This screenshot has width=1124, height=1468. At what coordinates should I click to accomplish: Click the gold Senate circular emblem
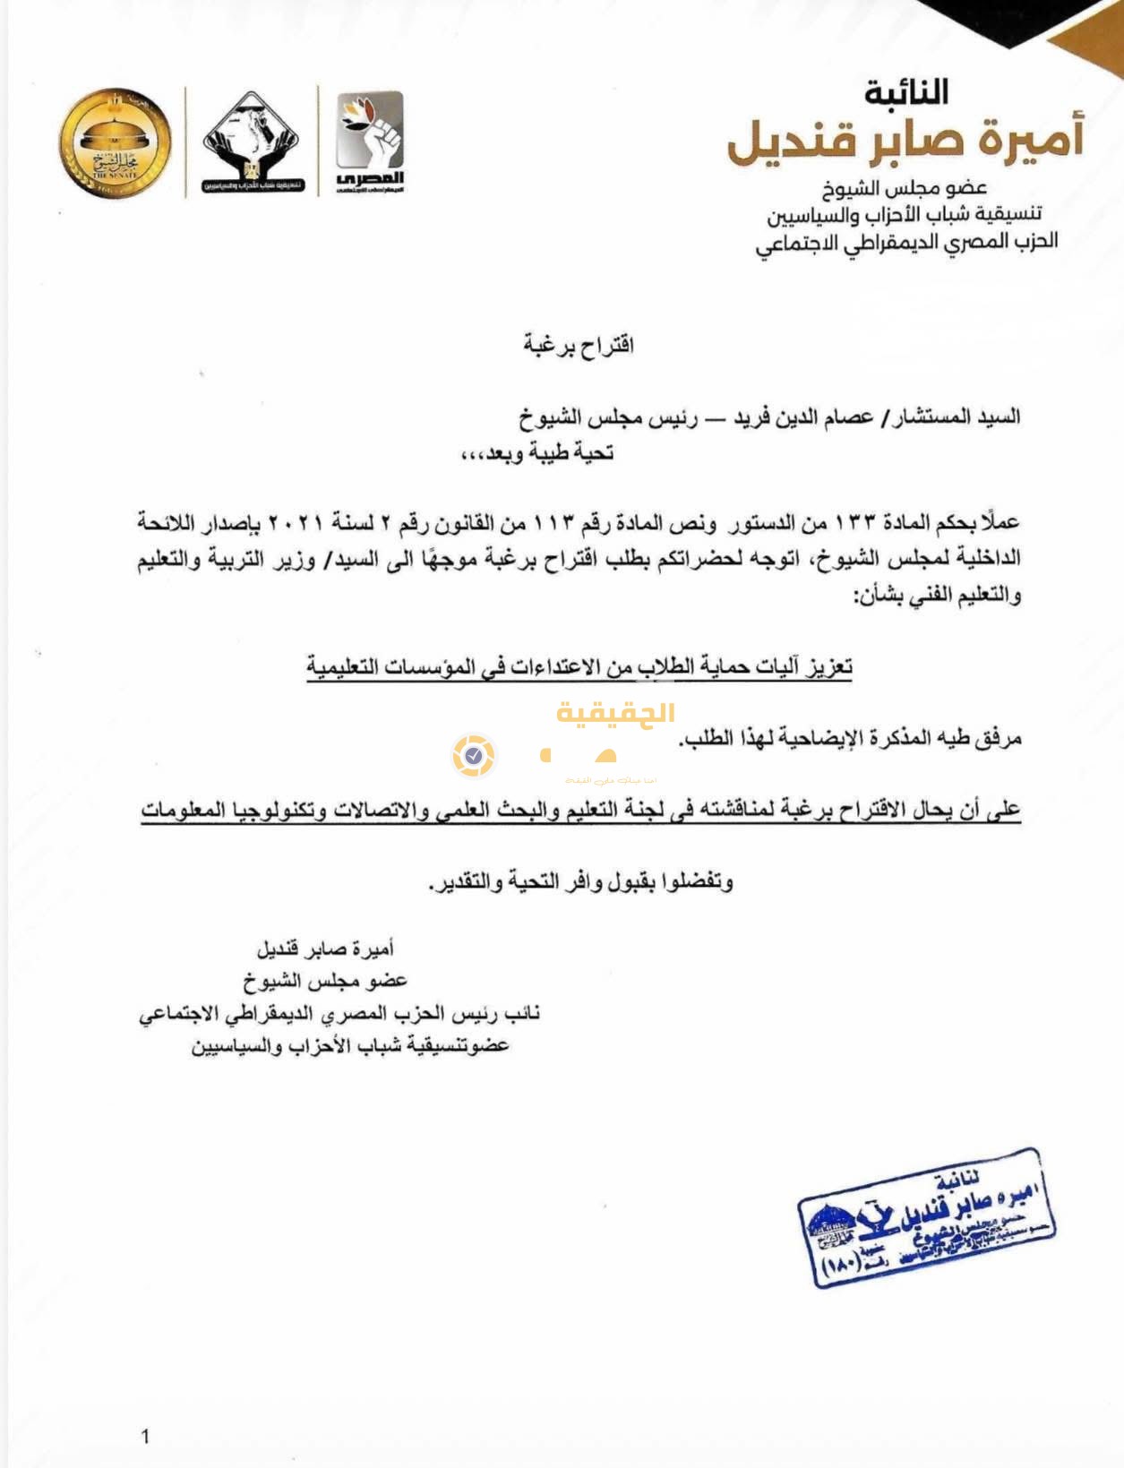[116, 142]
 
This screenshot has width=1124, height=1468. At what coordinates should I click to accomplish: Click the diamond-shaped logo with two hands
[251, 142]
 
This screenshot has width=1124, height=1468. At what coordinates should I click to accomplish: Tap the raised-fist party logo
[370, 142]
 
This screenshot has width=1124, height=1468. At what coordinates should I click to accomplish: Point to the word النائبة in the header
[905, 92]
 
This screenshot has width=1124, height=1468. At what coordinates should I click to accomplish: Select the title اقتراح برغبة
[579, 345]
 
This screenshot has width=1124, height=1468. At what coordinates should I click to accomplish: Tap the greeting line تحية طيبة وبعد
[537, 453]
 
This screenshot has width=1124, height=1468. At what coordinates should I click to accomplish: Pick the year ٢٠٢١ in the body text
[295, 522]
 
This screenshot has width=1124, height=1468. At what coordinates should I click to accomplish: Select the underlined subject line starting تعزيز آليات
[579, 667]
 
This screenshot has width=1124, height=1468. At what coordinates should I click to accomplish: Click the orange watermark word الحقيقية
[615, 714]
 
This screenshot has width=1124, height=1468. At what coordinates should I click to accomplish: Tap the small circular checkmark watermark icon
[474, 756]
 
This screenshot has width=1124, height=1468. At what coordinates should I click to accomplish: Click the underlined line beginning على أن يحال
[580, 811]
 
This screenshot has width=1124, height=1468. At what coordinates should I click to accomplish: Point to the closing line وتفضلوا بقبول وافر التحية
[580, 882]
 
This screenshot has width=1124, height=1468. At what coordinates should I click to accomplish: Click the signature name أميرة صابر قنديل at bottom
[325, 949]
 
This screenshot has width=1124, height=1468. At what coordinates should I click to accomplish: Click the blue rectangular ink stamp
[926, 1219]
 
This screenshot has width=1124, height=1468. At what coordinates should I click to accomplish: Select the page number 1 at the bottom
[145, 1437]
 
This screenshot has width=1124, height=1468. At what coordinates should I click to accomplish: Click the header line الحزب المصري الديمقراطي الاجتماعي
[906, 242]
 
